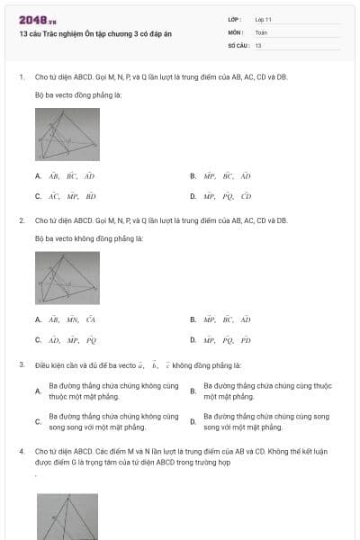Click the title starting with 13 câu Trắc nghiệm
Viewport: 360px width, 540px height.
tap(94, 33)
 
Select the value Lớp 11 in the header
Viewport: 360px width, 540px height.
tap(264, 18)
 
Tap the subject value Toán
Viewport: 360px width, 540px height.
tap(261, 31)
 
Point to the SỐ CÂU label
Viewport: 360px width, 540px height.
tap(238, 45)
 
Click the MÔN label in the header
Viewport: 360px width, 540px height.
tap(235, 31)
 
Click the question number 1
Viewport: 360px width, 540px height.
tap(21, 77)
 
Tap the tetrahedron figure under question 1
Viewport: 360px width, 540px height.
tap(67, 134)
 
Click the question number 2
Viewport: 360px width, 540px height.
tap(21, 220)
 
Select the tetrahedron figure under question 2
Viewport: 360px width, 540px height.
tap(67, 277)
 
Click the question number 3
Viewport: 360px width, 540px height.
tap(21, 364)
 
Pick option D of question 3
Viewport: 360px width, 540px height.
tap(261, 421)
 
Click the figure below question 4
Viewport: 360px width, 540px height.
tap(67, 517)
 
